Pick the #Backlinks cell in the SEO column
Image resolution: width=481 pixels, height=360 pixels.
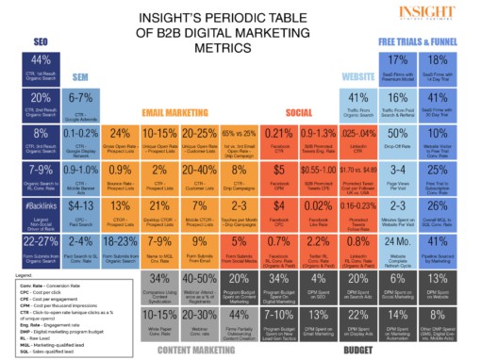pyautogui.click(x=27, y=212)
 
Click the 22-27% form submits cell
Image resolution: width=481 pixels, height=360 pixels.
pyautogui.click(x=27, y=249)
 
